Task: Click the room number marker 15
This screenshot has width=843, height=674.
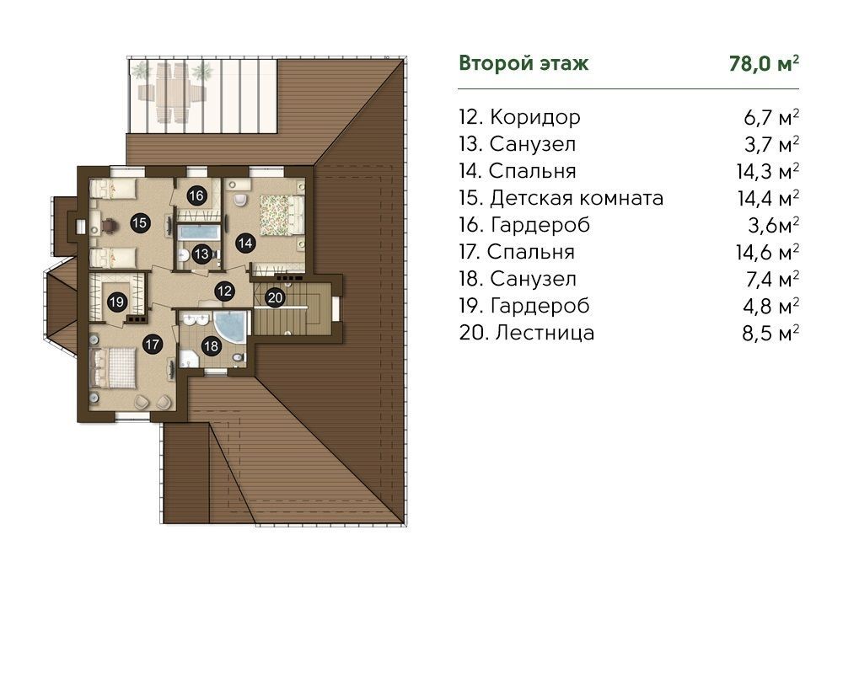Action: [139, 222]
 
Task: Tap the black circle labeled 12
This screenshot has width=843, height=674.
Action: [224, 291]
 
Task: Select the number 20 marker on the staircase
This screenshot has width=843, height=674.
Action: [275, 297]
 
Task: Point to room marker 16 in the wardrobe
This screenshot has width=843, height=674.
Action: [196, 195]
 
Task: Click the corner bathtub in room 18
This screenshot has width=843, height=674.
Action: [232, 326]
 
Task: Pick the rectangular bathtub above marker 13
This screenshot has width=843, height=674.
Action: [198, 233]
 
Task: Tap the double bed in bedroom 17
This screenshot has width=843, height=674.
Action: [114, 367]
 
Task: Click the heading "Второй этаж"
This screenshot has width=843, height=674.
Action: [524, 63]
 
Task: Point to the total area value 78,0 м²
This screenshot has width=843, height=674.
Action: [764, 63]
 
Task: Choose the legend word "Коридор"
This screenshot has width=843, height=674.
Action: [535, 117]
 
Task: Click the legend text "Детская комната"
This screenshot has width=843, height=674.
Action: [577, 198]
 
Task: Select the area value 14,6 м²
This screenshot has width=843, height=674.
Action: [767, 252]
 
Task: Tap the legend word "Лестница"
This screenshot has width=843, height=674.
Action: [545, 333]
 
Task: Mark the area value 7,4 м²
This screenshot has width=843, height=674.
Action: [771, 279]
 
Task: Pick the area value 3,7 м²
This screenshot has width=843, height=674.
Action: [771, 145]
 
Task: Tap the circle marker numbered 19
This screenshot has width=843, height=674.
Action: [116, 302]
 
